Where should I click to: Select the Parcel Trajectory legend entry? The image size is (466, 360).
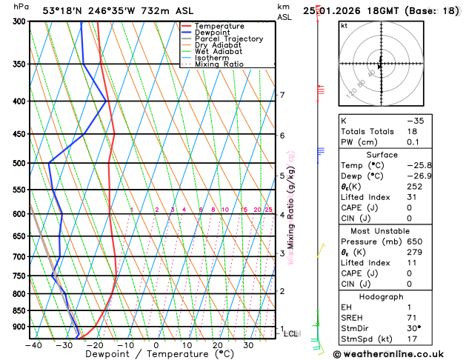(228, 39)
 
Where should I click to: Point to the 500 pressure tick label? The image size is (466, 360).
(18, 163)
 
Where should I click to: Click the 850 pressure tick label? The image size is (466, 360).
(18, 310)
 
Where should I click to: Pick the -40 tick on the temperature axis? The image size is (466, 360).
(33, 345)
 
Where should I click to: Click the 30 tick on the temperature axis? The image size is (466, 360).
(248, 345)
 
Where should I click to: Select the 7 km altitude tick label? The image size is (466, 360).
(282, 95)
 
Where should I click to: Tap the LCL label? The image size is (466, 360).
(291, 334)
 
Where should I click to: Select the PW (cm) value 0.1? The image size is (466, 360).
(411, 142)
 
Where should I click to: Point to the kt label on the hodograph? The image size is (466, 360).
(344, 25)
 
